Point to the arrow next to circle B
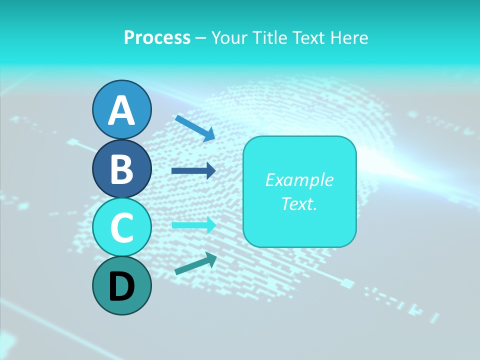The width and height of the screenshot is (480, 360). click(x=193, y=170)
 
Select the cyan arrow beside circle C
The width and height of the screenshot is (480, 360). click(x=193, y=225)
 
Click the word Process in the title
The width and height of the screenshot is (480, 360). click(x=157, y=37)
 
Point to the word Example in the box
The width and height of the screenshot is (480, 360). click(x=299, y=180)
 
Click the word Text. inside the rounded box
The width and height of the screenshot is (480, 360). click(x=299, y=203)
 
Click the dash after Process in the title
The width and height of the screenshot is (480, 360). click(x=201, y=38)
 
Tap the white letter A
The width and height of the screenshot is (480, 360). click(x=121, y=110)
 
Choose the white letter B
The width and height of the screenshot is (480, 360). click(x=121, y=169)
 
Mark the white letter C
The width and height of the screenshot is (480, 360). click(x=121, y=227)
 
